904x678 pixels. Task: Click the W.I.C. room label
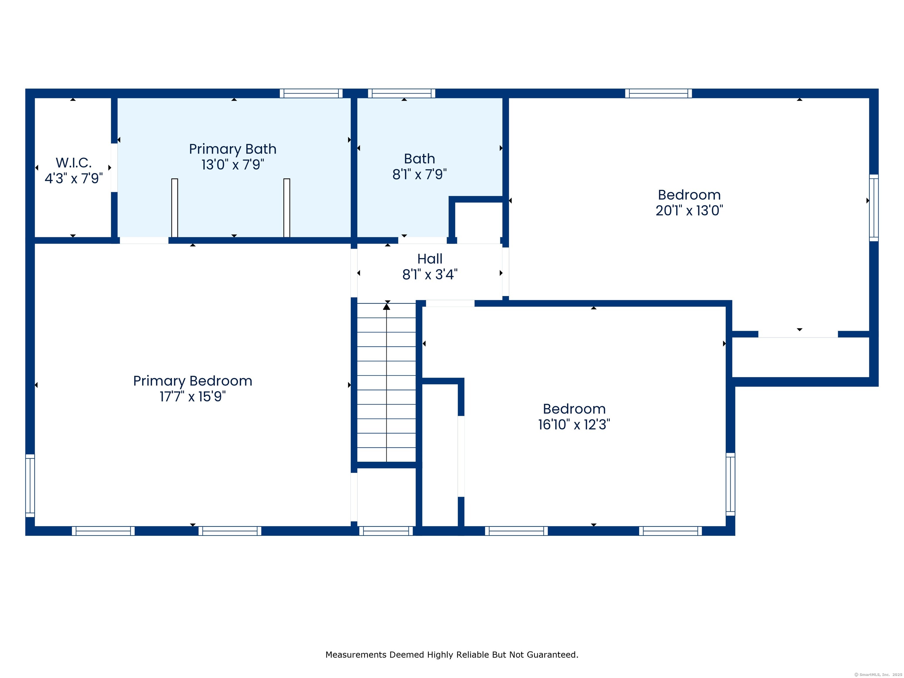(74, 163)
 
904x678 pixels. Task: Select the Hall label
(430, 259)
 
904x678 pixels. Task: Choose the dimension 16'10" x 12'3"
(574, 425)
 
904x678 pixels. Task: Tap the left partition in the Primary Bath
(175, 208)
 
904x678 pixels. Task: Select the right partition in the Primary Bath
(287, 208)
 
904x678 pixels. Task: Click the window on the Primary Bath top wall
(311, 93)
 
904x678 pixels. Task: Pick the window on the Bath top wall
(402, 93)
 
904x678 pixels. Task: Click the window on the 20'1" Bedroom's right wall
(874, 208)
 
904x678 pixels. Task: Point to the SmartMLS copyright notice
(878, 675)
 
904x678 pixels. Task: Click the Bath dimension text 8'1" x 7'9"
(420, 175)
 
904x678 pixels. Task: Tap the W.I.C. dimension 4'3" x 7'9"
(74, 179)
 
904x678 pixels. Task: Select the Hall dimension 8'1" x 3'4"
(430, 275)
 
